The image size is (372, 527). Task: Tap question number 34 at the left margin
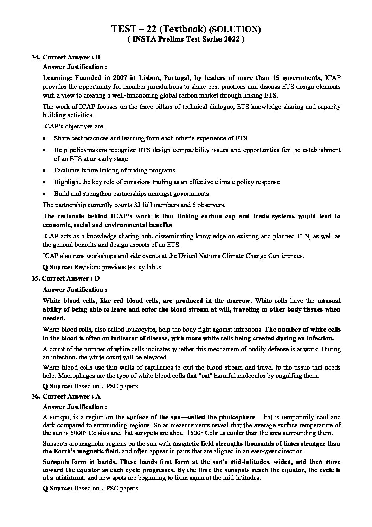click(35, 57)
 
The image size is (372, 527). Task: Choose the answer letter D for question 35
click(97, 278)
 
